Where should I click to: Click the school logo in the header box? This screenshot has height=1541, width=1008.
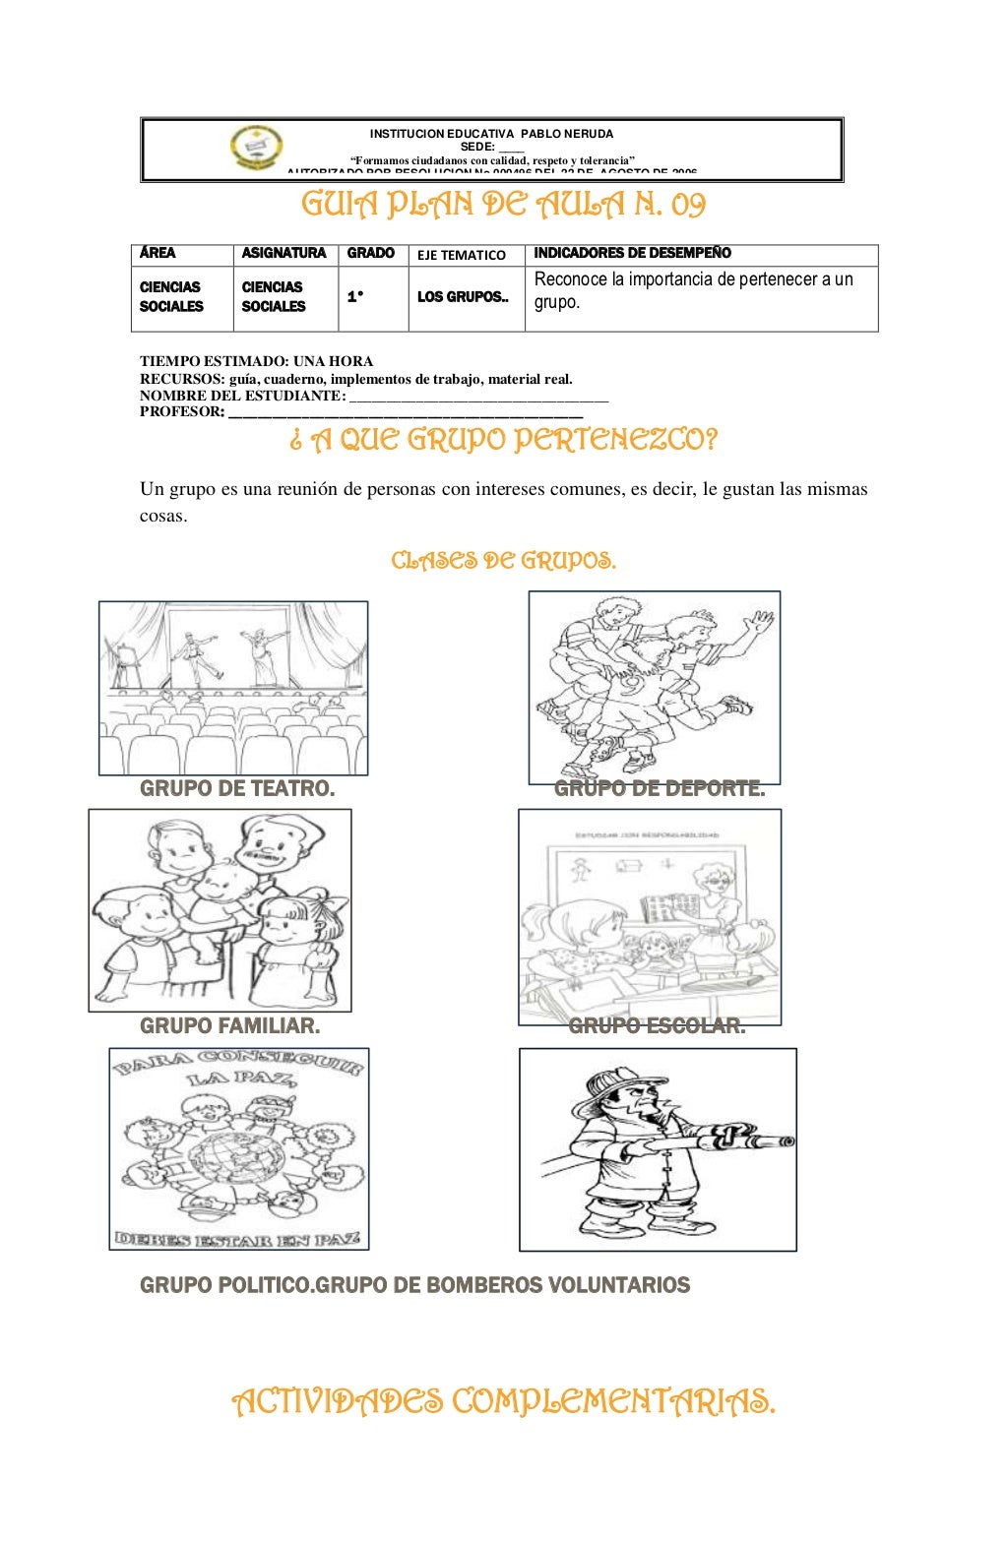[256, 148]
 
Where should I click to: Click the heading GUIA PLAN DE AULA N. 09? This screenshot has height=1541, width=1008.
[503, 205]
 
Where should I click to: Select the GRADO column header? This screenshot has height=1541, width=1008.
[371, 254]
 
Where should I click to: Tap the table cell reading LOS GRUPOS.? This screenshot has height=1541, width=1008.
[463, 297]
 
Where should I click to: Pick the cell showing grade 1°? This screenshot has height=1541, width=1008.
[355, 297]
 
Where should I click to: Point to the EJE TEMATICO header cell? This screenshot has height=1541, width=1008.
[462, 255]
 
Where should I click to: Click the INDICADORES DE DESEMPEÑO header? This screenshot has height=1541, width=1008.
[632, 254]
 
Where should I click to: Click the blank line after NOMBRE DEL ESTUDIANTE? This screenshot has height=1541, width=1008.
[478, 397]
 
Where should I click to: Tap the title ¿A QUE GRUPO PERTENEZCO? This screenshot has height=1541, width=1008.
[503, 439]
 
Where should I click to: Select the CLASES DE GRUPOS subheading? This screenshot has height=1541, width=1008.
[503, 561]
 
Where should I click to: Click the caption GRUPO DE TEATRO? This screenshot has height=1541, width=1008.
[237, 788]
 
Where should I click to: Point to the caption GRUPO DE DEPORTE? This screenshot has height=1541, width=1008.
[660, 788]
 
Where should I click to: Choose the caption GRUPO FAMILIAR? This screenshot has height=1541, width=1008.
[229, 1025]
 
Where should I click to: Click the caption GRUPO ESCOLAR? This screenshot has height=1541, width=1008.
[657, 1026]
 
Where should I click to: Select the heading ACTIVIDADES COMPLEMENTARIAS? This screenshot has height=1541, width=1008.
[503, 1400]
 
